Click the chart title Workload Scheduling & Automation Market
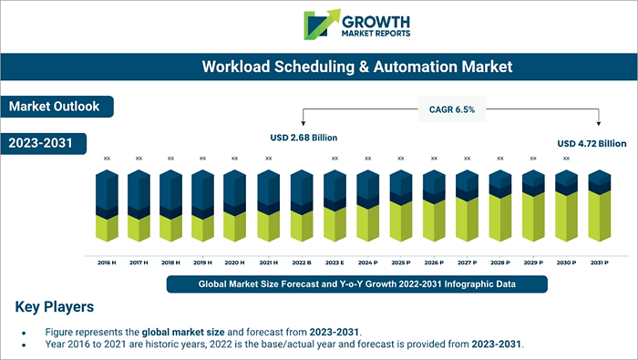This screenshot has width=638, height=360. pyautogui.click(x=357, y=67)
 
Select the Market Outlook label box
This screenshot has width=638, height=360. pyautogui.click(x=55, y=107)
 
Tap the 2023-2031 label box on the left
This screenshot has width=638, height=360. pyautogui.click(x=42, y=143)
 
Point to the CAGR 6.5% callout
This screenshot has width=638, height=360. pyautogui.click(x=451, y=109)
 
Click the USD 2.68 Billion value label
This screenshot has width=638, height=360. pyautogui.click(x=304, y=139)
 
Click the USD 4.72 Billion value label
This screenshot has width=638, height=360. pyautogui.click(x=592, y=143)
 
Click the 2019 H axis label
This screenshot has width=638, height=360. pyautogui.click(x=203, y=262)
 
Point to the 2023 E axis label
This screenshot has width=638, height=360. pyautogui.click(x=334, y=262)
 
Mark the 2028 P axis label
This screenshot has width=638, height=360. pyautogui.click(x=499, y=262)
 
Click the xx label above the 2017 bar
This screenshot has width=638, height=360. pyautogui.click(x=139, y=159)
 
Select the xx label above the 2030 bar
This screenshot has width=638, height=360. pyautogui.click(x=565, y=159)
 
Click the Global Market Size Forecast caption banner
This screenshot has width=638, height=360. pyautogui.click(x=357, y=284)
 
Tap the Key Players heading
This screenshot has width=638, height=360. pyautogui.click(x=55, y=306)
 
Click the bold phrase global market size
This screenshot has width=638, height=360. pyautogui.click(x=183, y=331)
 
